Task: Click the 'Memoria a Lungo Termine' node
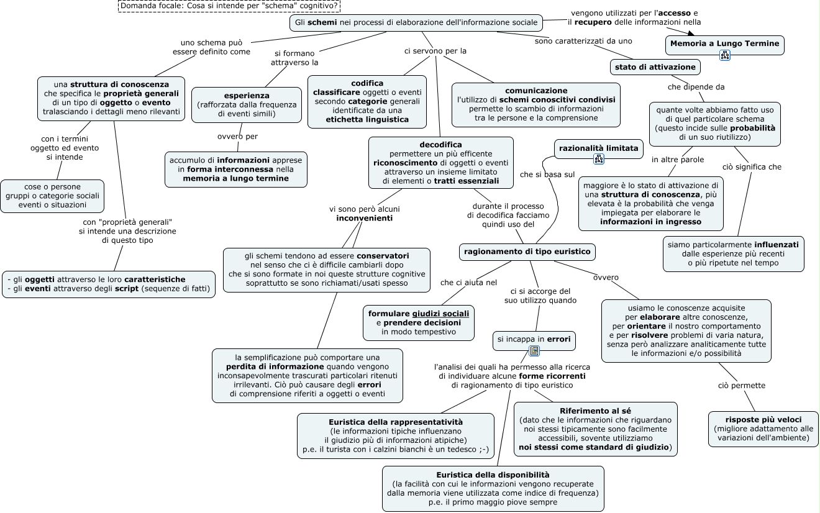click(x=724, y=43)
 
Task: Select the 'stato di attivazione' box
click(x=655, y=66)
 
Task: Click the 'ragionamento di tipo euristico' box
click(x=527, y=252)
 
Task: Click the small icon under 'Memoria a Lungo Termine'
click(x=725, y=56)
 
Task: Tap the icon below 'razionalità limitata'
click(x=599, y=159)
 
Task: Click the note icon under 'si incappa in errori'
click(x=534, y=352)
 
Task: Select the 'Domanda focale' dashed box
click(x=229, y=6)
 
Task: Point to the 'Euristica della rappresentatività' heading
click(x=395, y=422)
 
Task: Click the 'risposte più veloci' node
click(x=763, y=419)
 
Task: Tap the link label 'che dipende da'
click(x=696, y=87)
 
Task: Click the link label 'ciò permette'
click(x=742, y=386)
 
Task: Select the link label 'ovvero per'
click(x=237, y=137)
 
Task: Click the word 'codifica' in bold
click(x=367, y=83)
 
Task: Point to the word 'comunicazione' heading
click(x=536, y=91)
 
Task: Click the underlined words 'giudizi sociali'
click(x=440, y=314)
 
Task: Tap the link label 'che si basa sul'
click(x=547, y=175)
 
